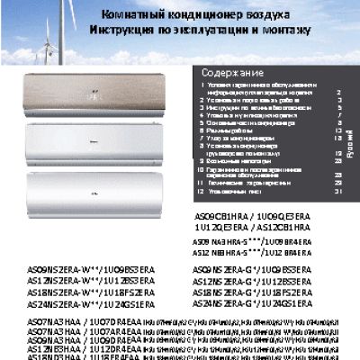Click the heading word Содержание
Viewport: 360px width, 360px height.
pyautogui.click(x=232, y=72)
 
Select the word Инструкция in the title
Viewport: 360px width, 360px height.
pyautogui.click(x=125, y=31)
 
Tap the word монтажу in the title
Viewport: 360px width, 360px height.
pyautogui.click(x=282, y=31)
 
